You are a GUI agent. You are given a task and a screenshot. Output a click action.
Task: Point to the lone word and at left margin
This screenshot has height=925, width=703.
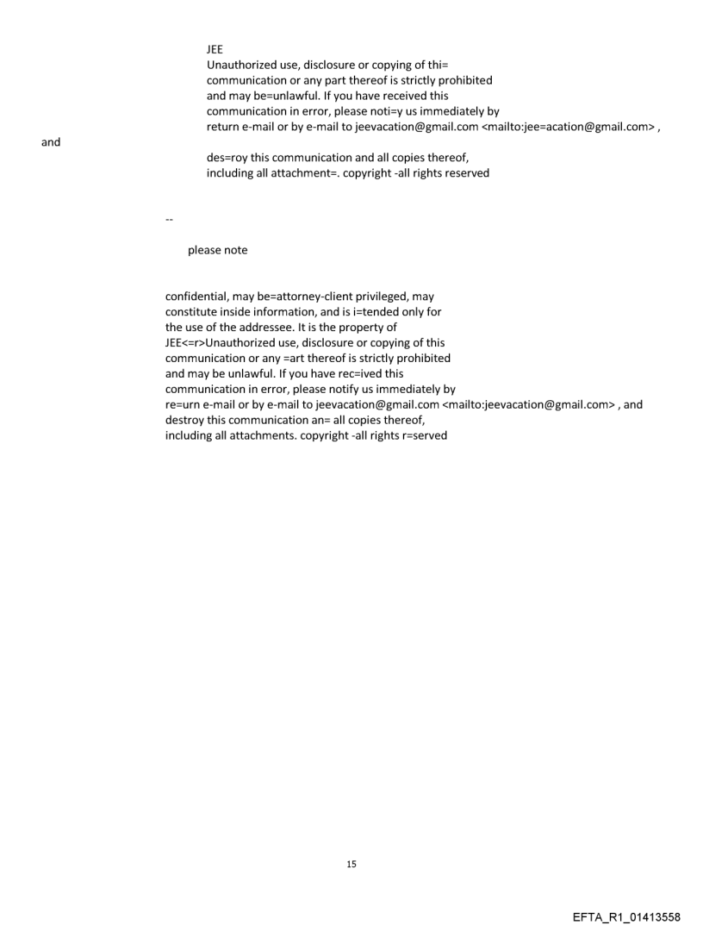click(51, 142)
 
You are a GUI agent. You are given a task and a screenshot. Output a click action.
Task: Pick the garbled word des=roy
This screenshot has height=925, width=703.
click(227, 158)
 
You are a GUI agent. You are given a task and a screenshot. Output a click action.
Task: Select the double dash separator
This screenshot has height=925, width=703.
click(169, 220)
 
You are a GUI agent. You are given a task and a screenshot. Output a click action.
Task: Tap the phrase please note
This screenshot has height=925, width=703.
click(217, 250)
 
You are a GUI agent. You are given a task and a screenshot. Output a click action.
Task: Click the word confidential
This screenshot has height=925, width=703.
click(197, 297)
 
